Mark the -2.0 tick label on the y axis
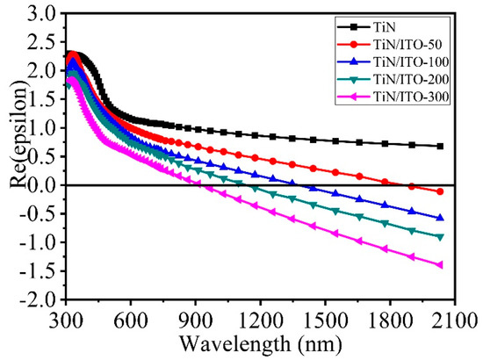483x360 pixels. [x=40, y=300]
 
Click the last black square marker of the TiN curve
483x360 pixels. [x=440, y=147]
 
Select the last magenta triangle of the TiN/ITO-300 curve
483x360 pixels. [x=440, y=265]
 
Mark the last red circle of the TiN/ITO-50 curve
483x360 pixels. [x=440, y=191]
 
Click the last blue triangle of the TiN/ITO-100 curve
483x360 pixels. [x=440, y=218]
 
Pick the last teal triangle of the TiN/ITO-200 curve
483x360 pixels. [x=440, y=237]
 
